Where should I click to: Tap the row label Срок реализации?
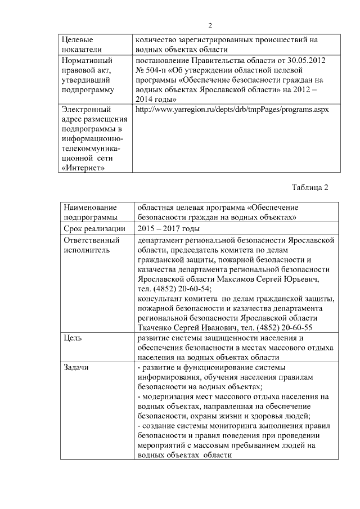[x=91, y=229]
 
